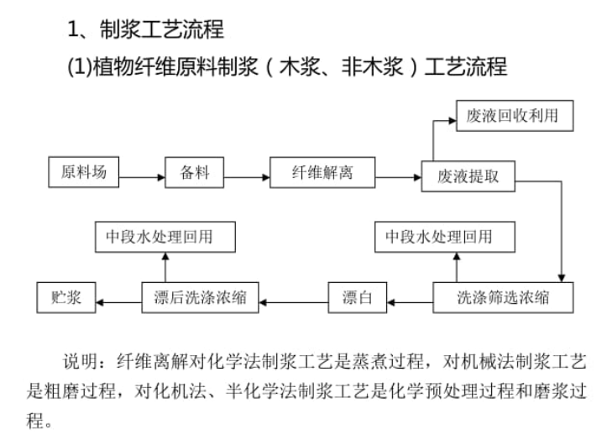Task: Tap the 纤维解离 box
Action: [322, 173]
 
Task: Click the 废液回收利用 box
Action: [513, 115]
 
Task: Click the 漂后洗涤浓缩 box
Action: [200, 297]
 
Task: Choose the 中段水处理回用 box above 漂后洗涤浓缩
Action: [165, 237]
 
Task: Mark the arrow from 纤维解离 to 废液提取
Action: [398, 177]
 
